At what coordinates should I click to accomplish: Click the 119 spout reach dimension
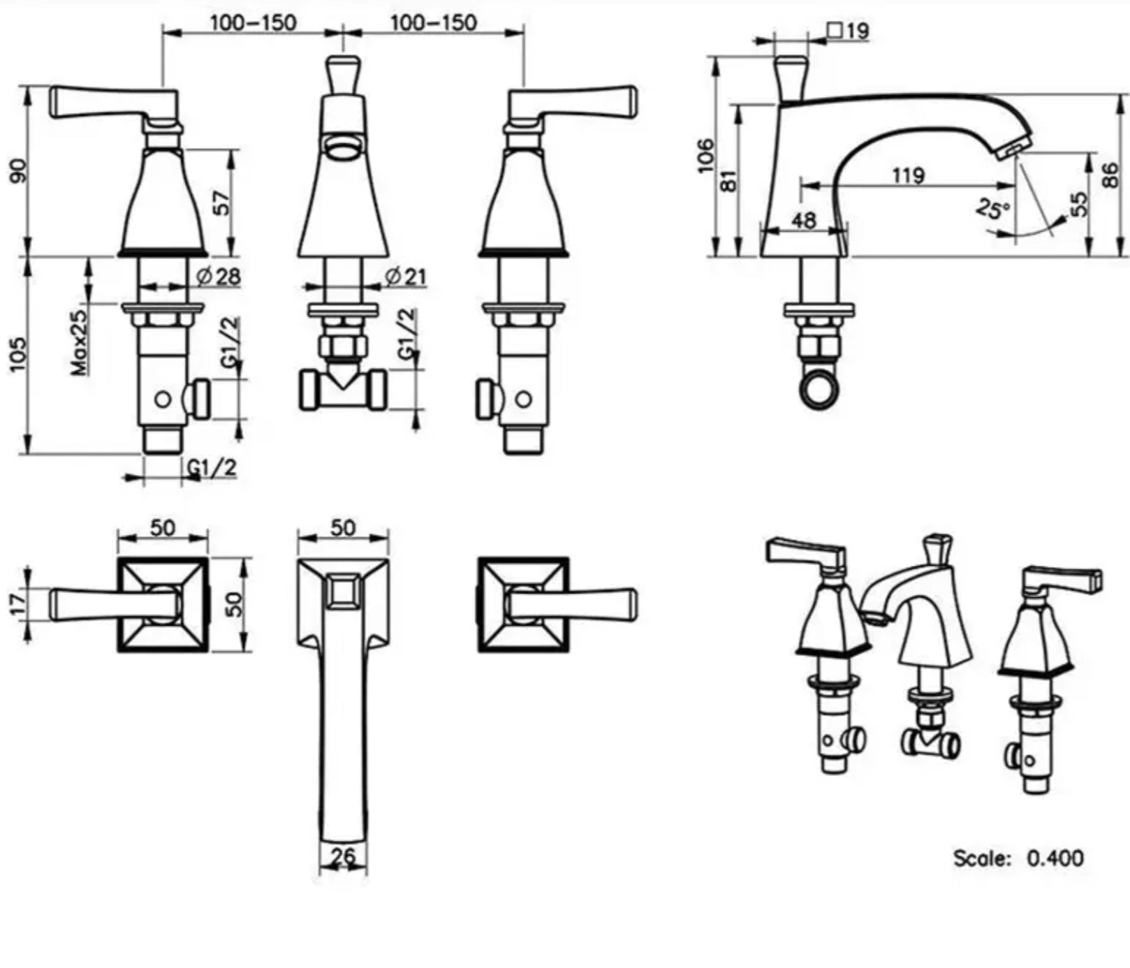tap(907, 175)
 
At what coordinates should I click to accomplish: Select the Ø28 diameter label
tap(218, 277)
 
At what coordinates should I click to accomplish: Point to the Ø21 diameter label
tap(405, 277)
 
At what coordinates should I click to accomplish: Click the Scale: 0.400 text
tap(1019, 858)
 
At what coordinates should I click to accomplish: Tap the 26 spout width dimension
tap(343, 855)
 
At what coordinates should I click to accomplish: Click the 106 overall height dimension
tap(707, 154)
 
